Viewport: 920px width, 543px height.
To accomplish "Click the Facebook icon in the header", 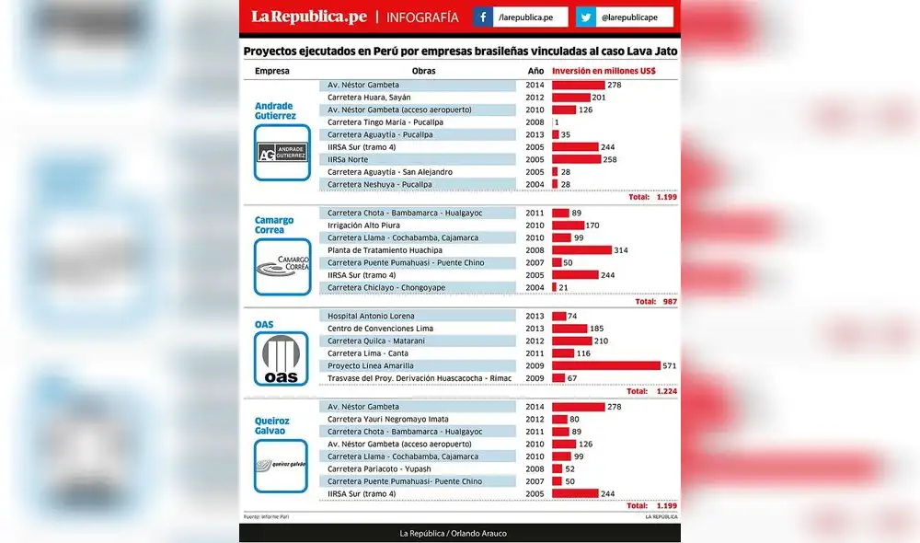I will click(x=483, y=17).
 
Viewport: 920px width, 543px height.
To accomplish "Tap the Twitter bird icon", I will click(x=586, y=17).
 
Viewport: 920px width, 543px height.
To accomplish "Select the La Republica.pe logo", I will click(x=309, y=17).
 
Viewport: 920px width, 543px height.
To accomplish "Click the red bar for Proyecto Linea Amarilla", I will click(x=605, y=365).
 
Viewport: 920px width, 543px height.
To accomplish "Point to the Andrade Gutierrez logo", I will click(x=282, y=153).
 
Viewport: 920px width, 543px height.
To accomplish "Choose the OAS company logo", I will click(x=282, y=359).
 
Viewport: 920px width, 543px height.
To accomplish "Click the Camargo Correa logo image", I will click(x=282, y=267).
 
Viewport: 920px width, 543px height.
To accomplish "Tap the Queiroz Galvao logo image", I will click(x=282, y=466).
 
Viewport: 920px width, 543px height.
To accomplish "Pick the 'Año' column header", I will click(x=535, y=71).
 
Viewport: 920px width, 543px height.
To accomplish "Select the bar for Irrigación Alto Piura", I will click(x=568, y=225).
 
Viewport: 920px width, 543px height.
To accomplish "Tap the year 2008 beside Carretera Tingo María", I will click(x=535, y=122).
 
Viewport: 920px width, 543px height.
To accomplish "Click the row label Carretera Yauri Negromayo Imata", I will click(x=388, y=419).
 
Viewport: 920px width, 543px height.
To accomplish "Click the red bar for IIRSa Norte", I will click(x=576, y=159).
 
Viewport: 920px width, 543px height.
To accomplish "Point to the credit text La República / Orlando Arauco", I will click(x=453, y=534).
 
